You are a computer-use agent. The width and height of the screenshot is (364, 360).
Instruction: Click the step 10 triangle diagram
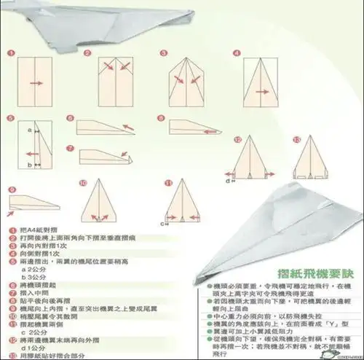point(100,201)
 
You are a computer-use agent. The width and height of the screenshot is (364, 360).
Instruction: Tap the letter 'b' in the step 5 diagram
point(28,165)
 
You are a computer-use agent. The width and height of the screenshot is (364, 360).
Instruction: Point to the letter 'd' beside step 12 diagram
point(227,181)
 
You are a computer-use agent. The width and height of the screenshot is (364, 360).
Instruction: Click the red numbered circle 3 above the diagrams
point(171,53)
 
